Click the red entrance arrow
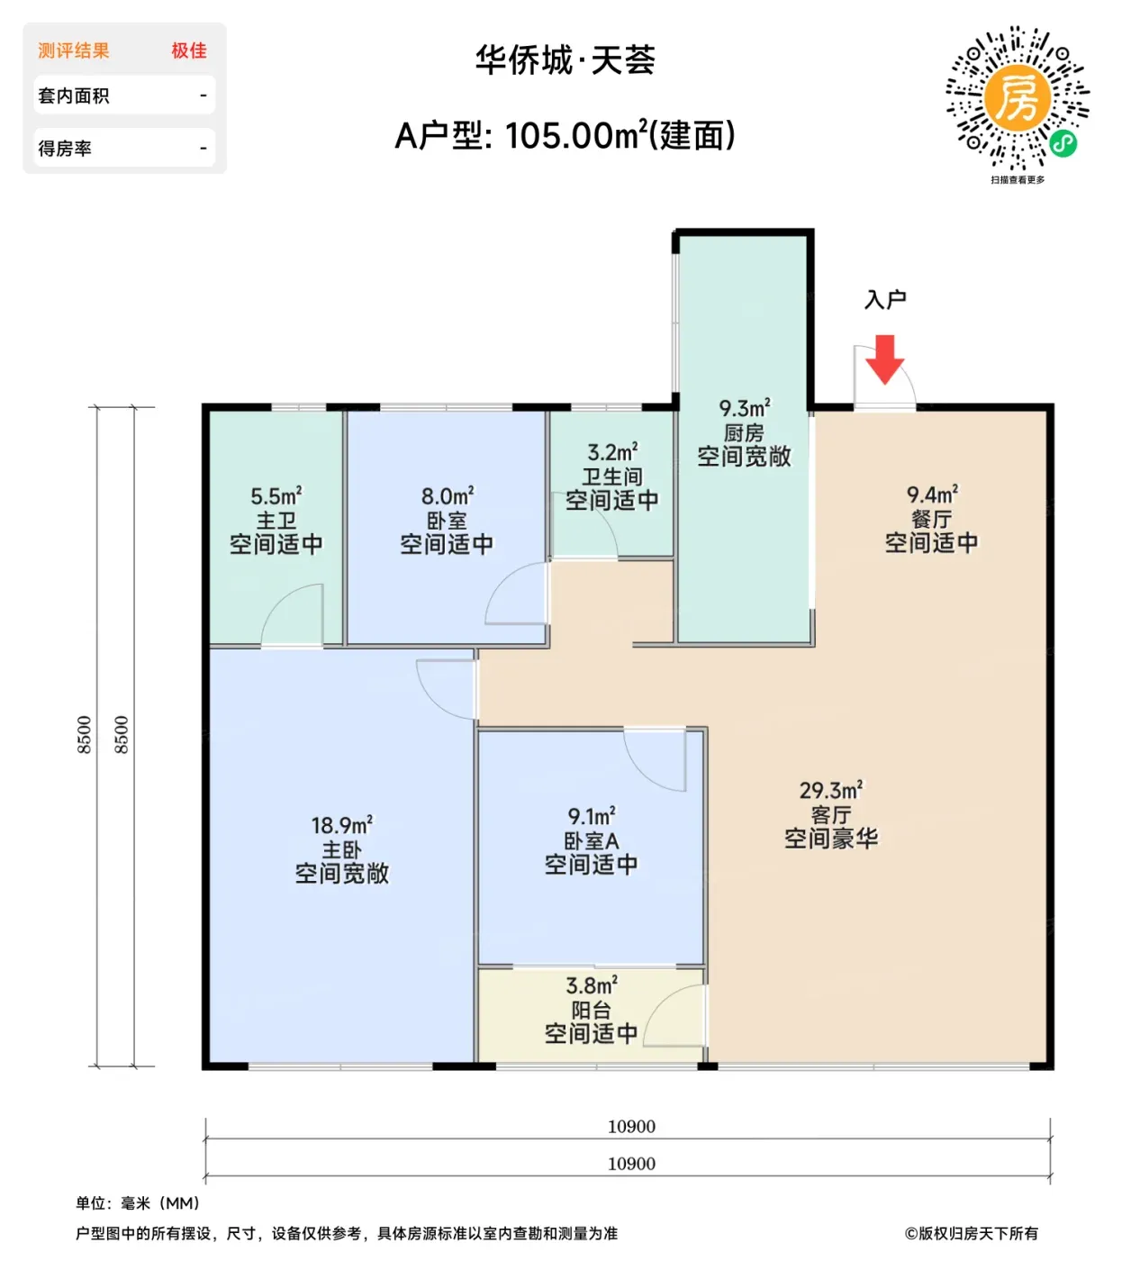[x=885, y=359]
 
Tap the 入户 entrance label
[x=885, y=300]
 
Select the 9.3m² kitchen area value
[x=745, y=408]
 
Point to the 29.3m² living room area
[x=831, y=790]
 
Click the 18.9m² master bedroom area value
[x=341, y=825]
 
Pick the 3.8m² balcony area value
[x=592, y=985]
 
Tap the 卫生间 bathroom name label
[x=611, y=476]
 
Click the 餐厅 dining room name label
[x=932, y=519]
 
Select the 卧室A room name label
[x=592, y=841]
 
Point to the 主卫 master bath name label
[x=276, y=521]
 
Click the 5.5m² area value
[x=276, y=496]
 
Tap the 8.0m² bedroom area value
[x=447, y=496]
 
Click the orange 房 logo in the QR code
[x=1018, y=97]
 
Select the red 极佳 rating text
[x=189, y=50]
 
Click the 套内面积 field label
[x=74, y=95]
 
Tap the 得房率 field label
[x=65, y=148]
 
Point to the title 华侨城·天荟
[x=565, y=60]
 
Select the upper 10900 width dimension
[x=631, y=1127]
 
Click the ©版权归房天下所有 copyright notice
[x=971, y=1233]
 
